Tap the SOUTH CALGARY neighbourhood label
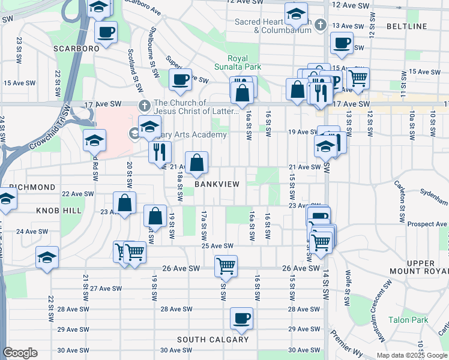(x=212, y=340)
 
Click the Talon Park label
(x=408, y=320)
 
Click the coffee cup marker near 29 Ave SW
(x=241, y=318)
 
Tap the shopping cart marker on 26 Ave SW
(x=226, y=265)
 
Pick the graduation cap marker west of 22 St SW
(x=47, y=257)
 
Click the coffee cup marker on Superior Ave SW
(x=179, y=80)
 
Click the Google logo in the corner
(x=20, y=353)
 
